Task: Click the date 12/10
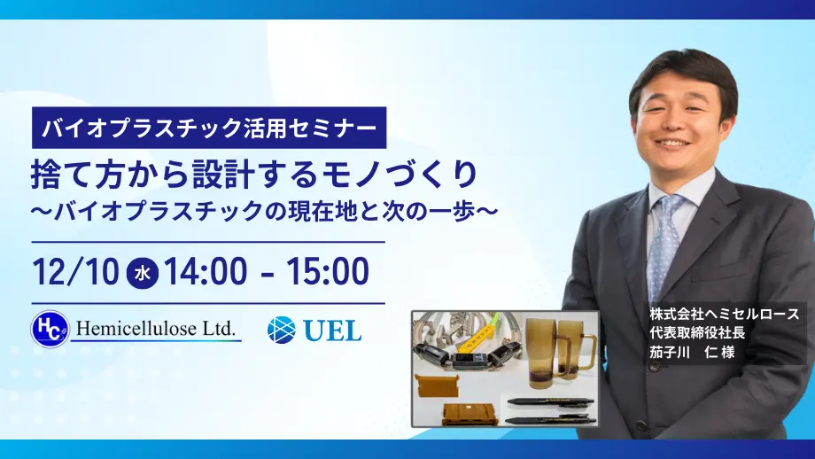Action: [76, 271]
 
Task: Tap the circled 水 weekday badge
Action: [143, 272]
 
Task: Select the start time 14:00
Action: [206, 271]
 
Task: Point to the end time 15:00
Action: [328, 271]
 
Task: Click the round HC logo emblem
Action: [50, 329]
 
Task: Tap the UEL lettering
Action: [332, 331]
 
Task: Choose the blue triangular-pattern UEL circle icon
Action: [282, 331]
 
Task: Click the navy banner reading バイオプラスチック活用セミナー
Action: [209, 128]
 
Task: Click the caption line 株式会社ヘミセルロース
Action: [724, 314]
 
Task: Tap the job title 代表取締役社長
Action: [697, 332]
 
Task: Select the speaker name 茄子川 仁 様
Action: [692, 352]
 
